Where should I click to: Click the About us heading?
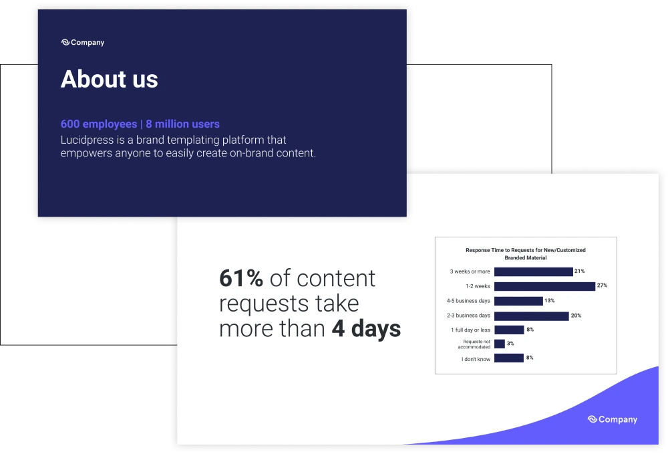(x=109, y=80)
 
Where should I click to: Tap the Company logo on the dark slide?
(x=83, y=42)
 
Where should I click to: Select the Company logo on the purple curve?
(x=612, y=419)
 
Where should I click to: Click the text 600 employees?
(x=99, y=124)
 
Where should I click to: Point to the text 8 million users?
(x=183, y=124)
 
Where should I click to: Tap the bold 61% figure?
(x=240, y=278)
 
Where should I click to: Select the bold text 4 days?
(x=366, y=329)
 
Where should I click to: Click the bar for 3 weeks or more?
(x=533, y=271)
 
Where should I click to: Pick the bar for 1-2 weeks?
(x=544, y=286)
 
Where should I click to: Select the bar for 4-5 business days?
(x=518, y=301)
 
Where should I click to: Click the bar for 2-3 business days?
(x=531, y=316)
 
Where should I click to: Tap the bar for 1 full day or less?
(x=509, y=330)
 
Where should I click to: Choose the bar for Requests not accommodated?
(x=499, y=344)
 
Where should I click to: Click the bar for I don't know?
(x=508, y=358)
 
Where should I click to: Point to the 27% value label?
(x=602, y=286)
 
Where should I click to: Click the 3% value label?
(x=510, y=344)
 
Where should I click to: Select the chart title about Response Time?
(x=525, y=254)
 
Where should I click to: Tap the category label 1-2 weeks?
(x=478, y=286)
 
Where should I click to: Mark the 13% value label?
(x=550, y=300)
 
